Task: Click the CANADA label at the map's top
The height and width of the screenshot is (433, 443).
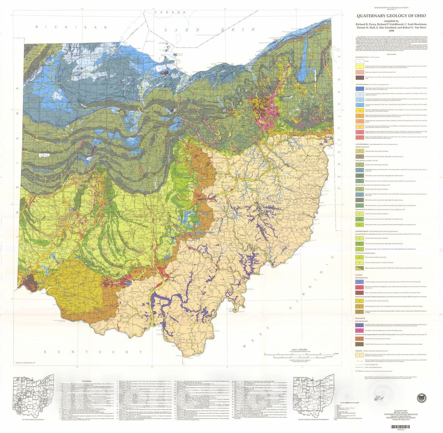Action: point(170,12)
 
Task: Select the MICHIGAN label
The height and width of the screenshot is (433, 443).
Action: point(71,27)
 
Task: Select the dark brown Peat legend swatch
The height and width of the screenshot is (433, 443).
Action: point(360,78)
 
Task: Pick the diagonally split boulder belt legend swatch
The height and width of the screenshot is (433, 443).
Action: point(360,268)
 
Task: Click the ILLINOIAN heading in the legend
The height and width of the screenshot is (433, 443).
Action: point(359,275)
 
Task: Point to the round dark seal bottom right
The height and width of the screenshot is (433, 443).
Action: point(421,398)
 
